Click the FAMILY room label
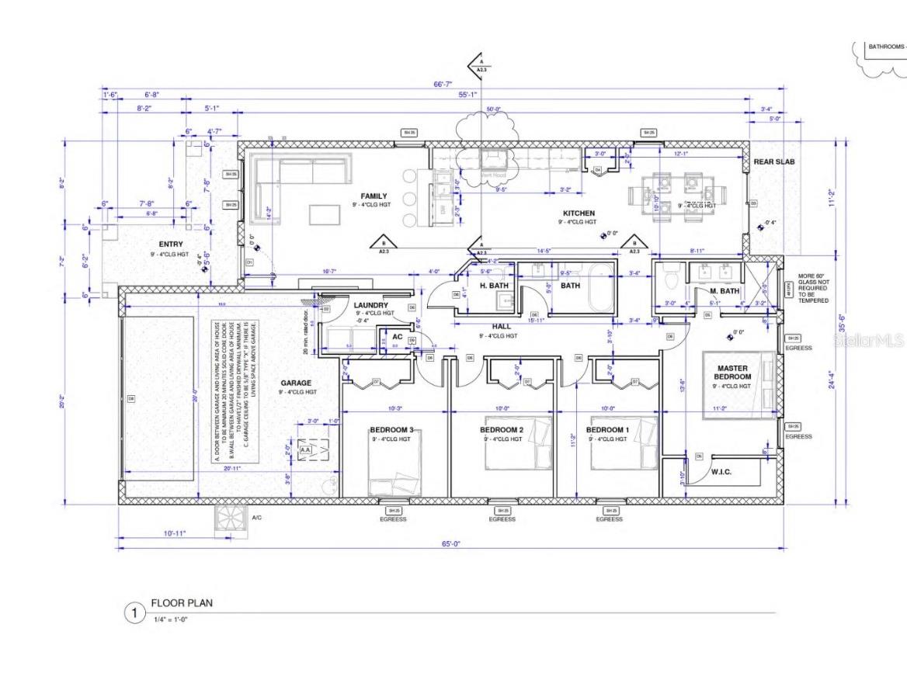pyautogui.click(x=374, y=196)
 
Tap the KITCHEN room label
pyautogui.click(x=579, y=213)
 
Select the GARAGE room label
pyautogui.click(x=296, y=383)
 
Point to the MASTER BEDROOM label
pyautogui.click(x=732, y=373)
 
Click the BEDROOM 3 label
pyautogui.click(x=391, y=430)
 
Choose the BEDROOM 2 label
pyautogui.click(x=502, y=430)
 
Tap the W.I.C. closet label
pyautogui.click(x=721, y=471)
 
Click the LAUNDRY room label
pyautogui.click(x=370, y=305)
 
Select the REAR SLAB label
pyautogui.click(x=774, y=161)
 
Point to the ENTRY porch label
pyautogui.click(x=170, y=245)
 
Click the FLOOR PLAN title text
pyautogui.click(x=181, y=602)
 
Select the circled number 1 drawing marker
pyautogui.click(x=134, y=613)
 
